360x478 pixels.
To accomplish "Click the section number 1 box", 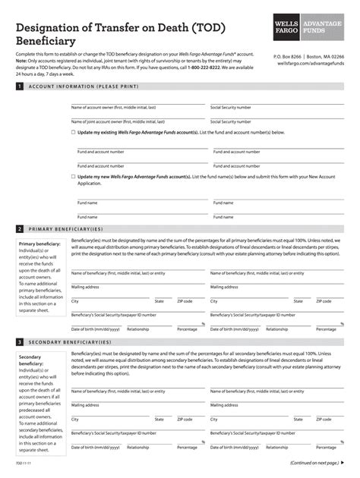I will point(19,87).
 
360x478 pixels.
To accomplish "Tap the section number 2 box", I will point(19,228).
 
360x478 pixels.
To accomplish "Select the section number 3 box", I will point(19,342).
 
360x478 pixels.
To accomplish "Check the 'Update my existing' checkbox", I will point(74,132).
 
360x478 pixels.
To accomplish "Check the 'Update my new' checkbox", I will point(74,177).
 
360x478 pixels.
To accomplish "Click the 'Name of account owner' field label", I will point(113,108).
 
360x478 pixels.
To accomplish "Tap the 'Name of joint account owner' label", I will point(118,121).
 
